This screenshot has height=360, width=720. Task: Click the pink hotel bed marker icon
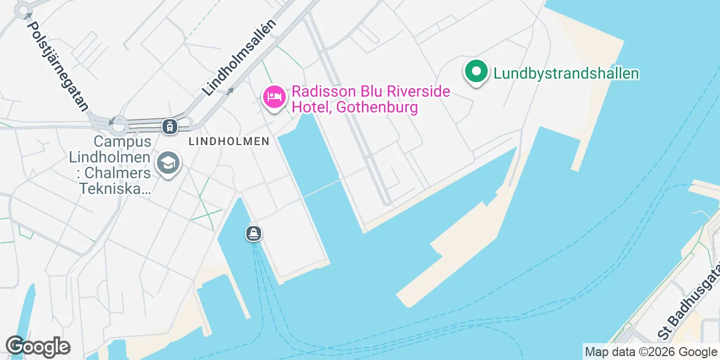(x=274, y=97)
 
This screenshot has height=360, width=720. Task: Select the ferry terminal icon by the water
(x=254, y=233)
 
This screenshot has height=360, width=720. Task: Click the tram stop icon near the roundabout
(x=169, y=126)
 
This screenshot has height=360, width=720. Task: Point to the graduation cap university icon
(x=167, y=163)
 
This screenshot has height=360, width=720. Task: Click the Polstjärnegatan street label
(x=58, y=66)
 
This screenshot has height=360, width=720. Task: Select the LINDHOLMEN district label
(x=229, y=142)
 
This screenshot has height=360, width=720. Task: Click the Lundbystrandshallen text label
(x=566, y=73)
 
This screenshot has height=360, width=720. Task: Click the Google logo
(x=38, y=347)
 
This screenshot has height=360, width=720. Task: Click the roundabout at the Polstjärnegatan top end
(x=23, y=10)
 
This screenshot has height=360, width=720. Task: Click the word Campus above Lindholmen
(x=122, y=141)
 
